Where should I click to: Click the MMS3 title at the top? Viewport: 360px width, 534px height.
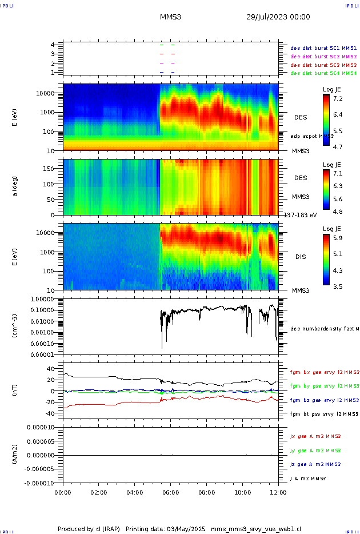(x=170, y=17)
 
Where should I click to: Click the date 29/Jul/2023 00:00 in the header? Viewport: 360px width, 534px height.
(x=278, y=17)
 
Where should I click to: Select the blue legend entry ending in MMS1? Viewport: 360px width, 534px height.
(x=323, y=48)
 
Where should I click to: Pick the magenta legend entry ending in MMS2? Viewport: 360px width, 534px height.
(x=323, y=57)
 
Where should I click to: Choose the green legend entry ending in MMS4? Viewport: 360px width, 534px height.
(x=323, y=73)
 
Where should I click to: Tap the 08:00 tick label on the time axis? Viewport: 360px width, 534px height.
(x=206, y=492)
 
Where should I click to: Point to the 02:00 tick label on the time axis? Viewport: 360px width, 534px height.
(x=99, y=492)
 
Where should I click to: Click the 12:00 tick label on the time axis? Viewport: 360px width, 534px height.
(x=278, y=492)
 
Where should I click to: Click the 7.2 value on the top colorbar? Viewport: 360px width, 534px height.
(x=338, y=99)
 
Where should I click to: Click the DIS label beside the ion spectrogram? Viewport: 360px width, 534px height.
(x=300, y=257)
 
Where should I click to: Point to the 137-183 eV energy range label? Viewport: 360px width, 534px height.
(x=300, y=215)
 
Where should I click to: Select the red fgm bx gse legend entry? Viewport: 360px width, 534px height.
(x=323, y=372)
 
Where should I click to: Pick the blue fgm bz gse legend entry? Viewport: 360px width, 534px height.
(x=323, y=400)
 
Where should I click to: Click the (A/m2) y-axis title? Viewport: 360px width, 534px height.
(x=16, y=455)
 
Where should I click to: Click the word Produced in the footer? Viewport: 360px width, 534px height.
(x=74, y=529)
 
